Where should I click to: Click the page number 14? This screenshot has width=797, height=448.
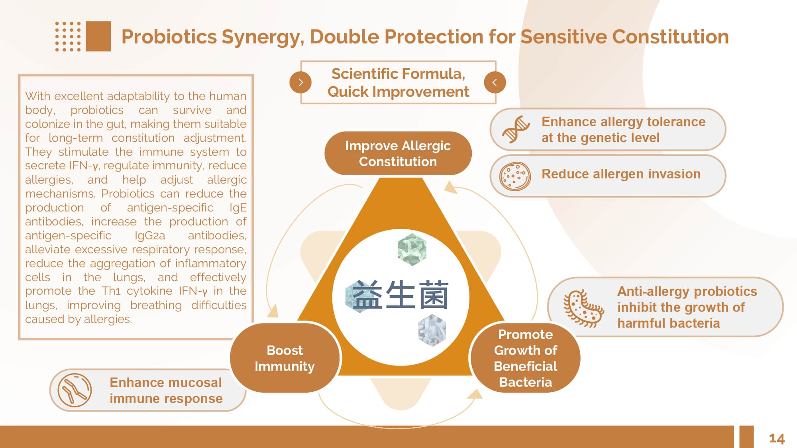[x=776, y=438]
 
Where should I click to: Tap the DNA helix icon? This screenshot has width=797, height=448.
[x=516, y=129]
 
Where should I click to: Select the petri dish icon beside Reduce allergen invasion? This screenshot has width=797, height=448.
[x=515, y=176]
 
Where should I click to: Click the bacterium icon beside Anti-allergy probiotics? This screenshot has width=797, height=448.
[x=583, y=309]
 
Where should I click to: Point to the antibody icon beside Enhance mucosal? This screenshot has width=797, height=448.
[x=75, y=390]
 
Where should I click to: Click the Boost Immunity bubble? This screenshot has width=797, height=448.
[x=285, y=358]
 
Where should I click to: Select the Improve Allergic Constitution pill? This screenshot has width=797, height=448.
[x=398, y=154]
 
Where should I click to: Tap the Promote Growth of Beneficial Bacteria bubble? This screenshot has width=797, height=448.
[x=525, y=358]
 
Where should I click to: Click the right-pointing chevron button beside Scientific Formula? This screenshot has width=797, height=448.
[x=300, y=82]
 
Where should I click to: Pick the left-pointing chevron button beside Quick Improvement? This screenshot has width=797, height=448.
[x=495, y=82]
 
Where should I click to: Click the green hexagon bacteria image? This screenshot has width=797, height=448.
[x=412, y=250]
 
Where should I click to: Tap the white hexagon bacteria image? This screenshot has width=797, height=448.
[x=432, y=330]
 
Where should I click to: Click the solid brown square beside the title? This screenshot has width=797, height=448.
[x=98, y=36]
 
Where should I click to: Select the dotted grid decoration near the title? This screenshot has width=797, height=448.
[x=68, y=37]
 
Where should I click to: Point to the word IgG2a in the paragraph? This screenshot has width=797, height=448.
[x=149, y=235]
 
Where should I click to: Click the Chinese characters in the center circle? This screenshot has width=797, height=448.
[x=400, y=295]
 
